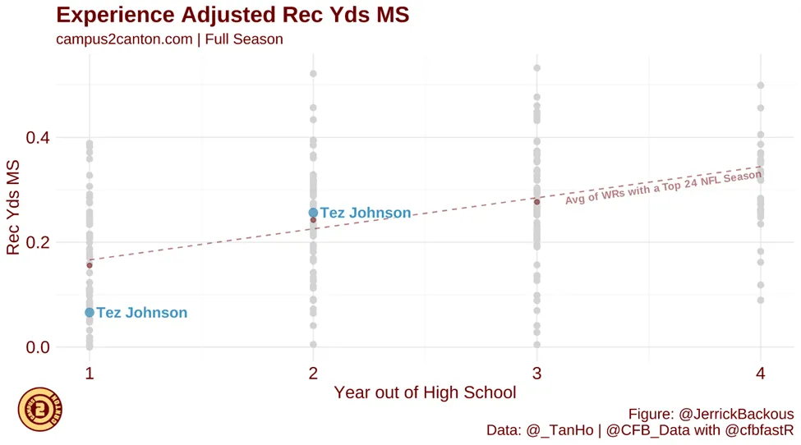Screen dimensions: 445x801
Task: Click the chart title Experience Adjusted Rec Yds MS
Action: (x=232, y=15)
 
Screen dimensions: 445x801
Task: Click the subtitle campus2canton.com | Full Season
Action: (x=169, y=39)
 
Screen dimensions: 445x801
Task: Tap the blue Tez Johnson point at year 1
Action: (x=90, y=313)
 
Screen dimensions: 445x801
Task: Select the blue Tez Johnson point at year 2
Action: (x=313, y=213)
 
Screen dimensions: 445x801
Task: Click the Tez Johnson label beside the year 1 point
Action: (x=141, y=313)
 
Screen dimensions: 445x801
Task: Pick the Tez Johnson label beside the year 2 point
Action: (x=365, y=213)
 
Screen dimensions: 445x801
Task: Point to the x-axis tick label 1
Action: (x=90, y=374)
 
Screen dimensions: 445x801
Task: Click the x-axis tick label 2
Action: (x=313, y=374)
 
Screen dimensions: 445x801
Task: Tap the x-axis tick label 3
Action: (x=536, y=374)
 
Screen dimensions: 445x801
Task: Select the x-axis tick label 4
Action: (x=761, y=374)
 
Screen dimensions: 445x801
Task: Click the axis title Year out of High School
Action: (x=425, y=392)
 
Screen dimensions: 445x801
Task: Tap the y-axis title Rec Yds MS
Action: (x=14, y=208)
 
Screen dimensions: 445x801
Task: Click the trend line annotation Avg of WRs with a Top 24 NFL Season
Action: (x=663, y=188)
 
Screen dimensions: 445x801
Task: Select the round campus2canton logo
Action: (x=40, y=408)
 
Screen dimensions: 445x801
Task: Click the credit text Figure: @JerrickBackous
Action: (x=711, y=414)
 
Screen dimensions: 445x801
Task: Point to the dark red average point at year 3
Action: (x=537, y=202)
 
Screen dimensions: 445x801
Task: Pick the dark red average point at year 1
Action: (x=90, y=265)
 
